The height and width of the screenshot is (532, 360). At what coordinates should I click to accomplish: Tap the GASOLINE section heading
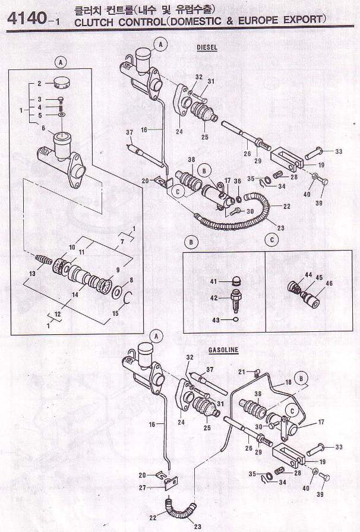point(223,350)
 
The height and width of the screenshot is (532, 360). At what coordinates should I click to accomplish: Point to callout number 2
point(39,84)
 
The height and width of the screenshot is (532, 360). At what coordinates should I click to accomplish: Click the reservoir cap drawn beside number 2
point(61,82)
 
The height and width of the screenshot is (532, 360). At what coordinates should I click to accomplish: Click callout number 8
point(131,280)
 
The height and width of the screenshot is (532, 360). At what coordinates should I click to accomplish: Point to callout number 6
point(42,127)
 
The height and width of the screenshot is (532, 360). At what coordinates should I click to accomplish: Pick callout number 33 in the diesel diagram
point(339,152)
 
